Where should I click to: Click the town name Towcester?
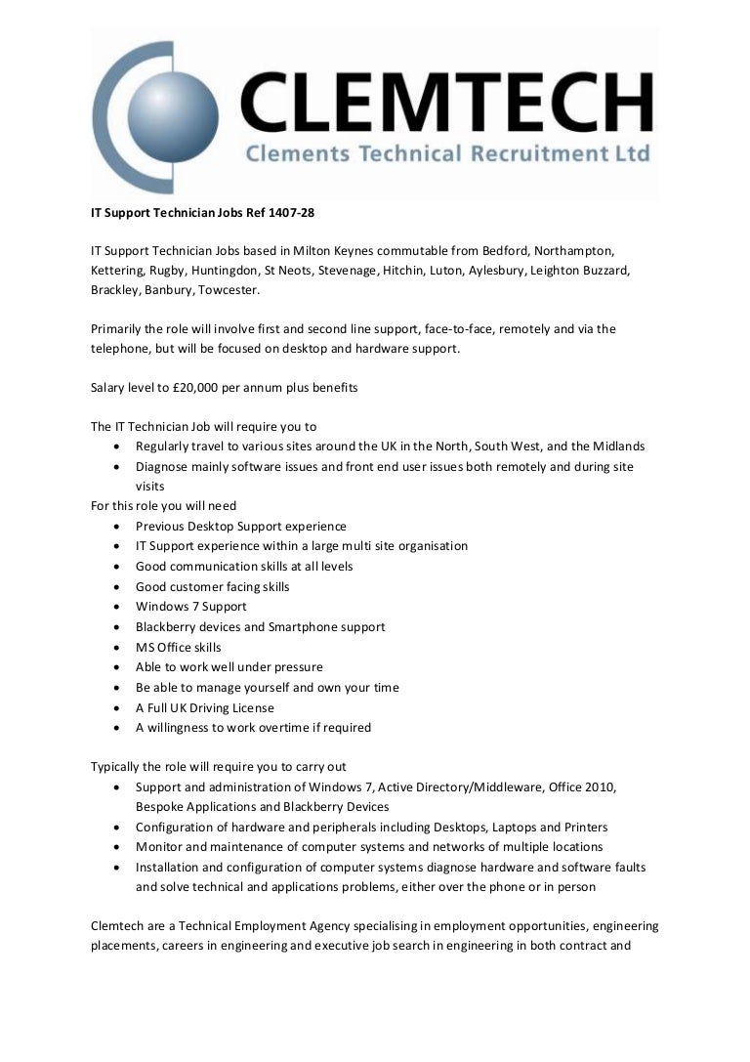228,290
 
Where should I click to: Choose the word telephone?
122,348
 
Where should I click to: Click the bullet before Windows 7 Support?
117,607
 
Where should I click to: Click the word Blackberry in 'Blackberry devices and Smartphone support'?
165,626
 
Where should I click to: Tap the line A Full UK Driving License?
205,707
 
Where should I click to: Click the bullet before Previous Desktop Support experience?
117,526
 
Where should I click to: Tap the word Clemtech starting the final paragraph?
120,925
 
